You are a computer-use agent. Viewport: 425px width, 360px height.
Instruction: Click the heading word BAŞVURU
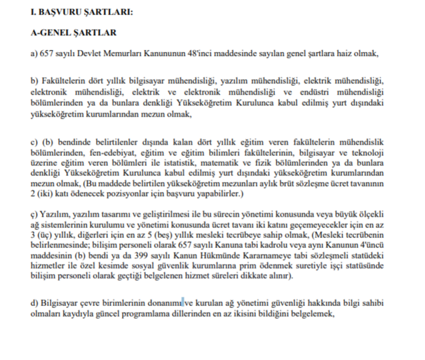click(x=65, y=11)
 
